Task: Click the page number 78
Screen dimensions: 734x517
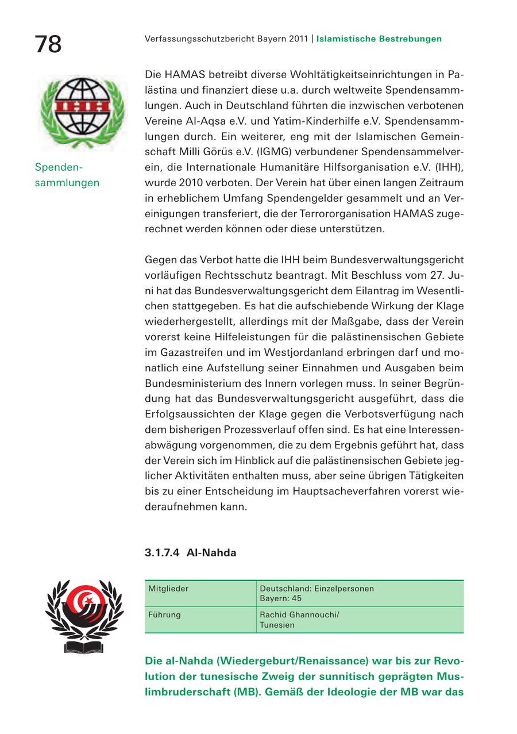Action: point(48,44)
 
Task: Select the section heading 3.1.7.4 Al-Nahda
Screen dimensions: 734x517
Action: point(190,553)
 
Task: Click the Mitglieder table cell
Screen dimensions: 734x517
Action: point(168,589)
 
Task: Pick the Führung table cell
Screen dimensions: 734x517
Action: point(164,615)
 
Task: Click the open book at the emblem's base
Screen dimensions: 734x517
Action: point(84,648)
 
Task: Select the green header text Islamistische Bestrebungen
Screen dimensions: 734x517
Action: point(379,39)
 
